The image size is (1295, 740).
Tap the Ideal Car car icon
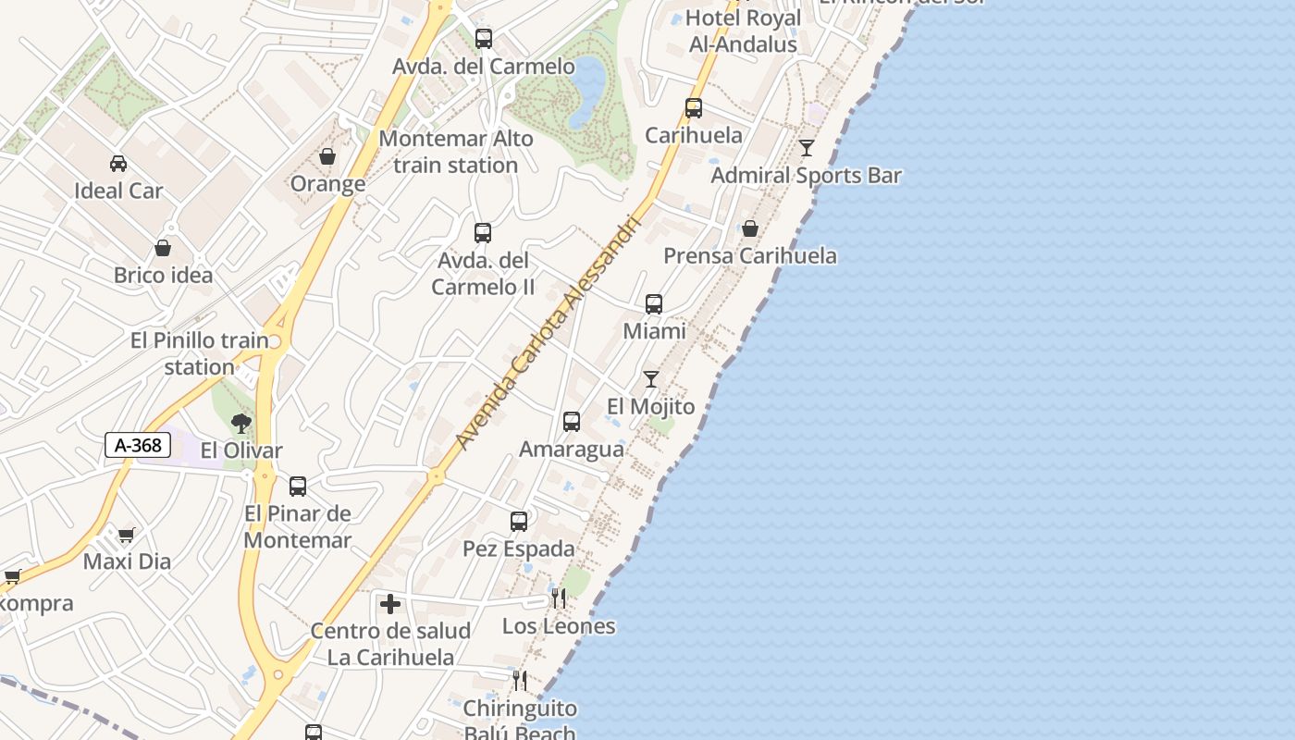tap(118, 164)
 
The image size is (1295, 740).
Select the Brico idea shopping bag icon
tap(163, 248)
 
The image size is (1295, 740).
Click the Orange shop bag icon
tap(327, 156)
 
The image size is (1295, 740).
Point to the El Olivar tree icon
tap(241, 424)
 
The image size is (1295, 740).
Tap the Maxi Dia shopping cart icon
tap(127, 535)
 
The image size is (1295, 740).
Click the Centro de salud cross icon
tap(390, 604)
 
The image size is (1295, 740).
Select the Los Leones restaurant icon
tap(558, 598)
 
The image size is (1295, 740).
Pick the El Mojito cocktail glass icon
tap(651, 378)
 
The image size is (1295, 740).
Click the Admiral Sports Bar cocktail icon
tap(807, 148)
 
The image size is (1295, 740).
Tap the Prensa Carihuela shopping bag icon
tap(750, 228)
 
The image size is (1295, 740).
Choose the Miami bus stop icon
tap(654, 303)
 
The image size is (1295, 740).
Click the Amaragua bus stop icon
tap(572, 422)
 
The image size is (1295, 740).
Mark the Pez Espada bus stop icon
tap(519, 521)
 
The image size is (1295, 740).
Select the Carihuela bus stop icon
tap(694, 108)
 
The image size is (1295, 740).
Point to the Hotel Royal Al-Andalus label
tap(742, 31)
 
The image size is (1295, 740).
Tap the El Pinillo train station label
tap(200, 353)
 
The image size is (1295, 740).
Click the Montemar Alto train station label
tap(456, 152)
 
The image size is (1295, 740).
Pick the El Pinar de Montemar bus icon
tap(298, 486)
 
